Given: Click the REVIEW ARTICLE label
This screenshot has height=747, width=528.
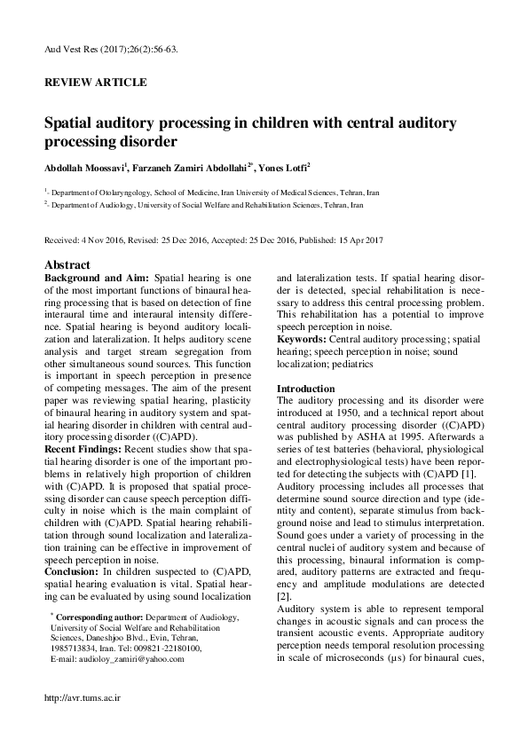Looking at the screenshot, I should (95, 83).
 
